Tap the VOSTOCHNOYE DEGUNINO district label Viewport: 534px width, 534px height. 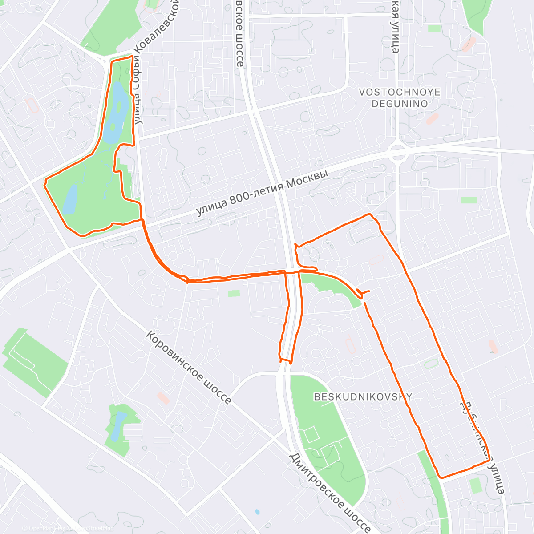point(400,98)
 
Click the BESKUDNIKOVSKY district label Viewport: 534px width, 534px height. point(363,396)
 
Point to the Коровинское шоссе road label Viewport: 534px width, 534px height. point(189,368)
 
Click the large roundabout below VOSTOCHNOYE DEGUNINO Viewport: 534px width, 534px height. point(397,153)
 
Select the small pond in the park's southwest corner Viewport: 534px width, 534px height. point(70,199)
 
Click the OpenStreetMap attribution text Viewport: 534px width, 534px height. point(91,528)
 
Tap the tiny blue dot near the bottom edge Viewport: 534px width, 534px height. point(257,512)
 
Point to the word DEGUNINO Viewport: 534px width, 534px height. point(400,104)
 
